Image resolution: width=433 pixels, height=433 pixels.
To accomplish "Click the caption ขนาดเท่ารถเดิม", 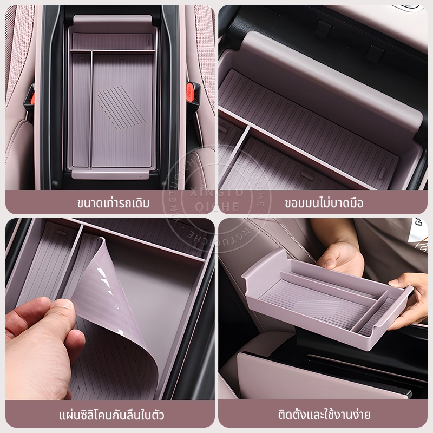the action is pyautogui.click(x=114, y=204).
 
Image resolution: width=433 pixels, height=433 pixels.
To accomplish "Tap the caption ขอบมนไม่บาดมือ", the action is pyautogui.click(x=324, y=204).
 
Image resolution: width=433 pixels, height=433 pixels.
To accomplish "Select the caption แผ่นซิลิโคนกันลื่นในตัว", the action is pyautogui.click(x=111, y=415).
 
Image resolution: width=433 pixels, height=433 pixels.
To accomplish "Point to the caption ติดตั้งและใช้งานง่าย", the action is pyautogui.click(x=324, y=415).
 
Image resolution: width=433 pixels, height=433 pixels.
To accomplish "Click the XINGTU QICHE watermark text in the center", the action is pyautogui.click(x=217, y=199).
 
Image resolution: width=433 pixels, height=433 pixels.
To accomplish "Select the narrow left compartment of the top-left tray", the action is pyautogui.click(x=81, y=110).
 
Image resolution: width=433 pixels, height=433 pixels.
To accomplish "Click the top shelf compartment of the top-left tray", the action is pyautogui.click(x=113, y=42).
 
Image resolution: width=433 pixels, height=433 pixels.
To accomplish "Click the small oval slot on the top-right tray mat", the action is pyautogui.click(x=382, y=173).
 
